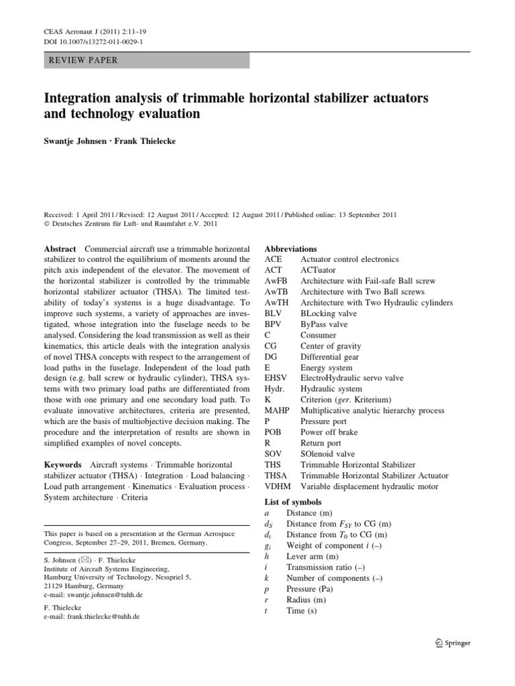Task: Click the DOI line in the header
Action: coord(89,42)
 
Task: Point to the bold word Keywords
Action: coord(63,464)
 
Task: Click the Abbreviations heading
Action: coord(292,249)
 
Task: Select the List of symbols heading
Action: coord(293,502)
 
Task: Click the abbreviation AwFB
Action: coord(278,281)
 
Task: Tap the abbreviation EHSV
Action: coord(277,378)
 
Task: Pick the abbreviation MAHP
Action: coord(278,411)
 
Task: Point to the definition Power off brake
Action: coord(329,432)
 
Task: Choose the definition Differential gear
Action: coord(334,356)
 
